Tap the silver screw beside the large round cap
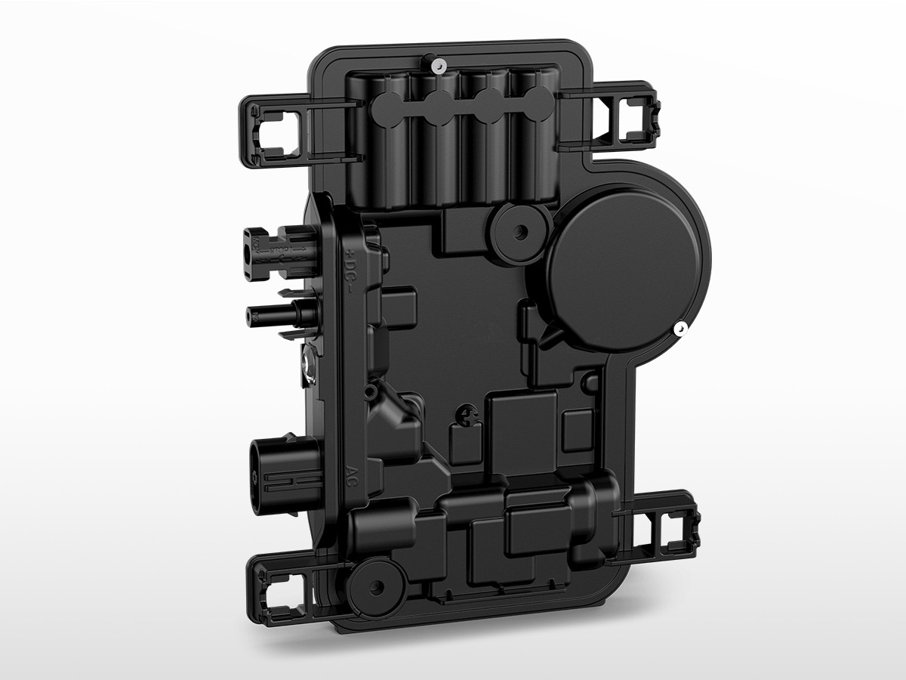tap(680, 329)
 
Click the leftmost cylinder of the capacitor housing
tap(387, 140)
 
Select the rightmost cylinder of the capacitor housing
tap(532, 136)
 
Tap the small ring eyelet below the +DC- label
tap(369, 392)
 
